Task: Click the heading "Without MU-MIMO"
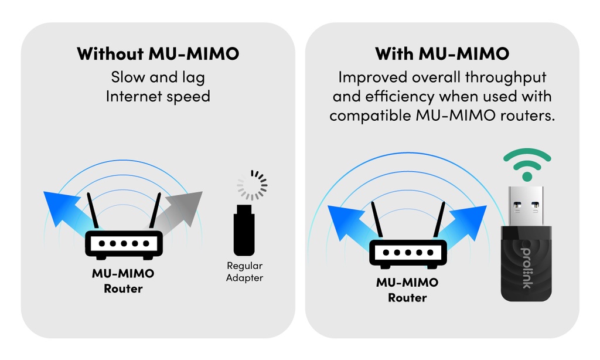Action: point(158,54)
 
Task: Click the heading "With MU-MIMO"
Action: point(442,54)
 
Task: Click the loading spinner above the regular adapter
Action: point(252,186)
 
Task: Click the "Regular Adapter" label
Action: point(244,272)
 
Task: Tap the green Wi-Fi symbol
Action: point(527,165)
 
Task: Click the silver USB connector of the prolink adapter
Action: point(526,206)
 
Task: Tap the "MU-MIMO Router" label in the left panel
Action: point(124,281)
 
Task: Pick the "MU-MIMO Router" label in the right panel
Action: point(407,290)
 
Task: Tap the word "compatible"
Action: point(370,115)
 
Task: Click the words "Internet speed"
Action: point(158,96)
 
